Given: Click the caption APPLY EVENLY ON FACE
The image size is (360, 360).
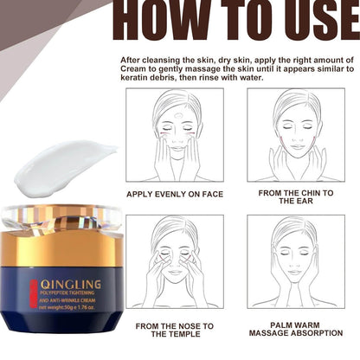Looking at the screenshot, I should [174, 195].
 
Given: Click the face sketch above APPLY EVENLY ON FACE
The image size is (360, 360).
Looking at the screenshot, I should [174, 135].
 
